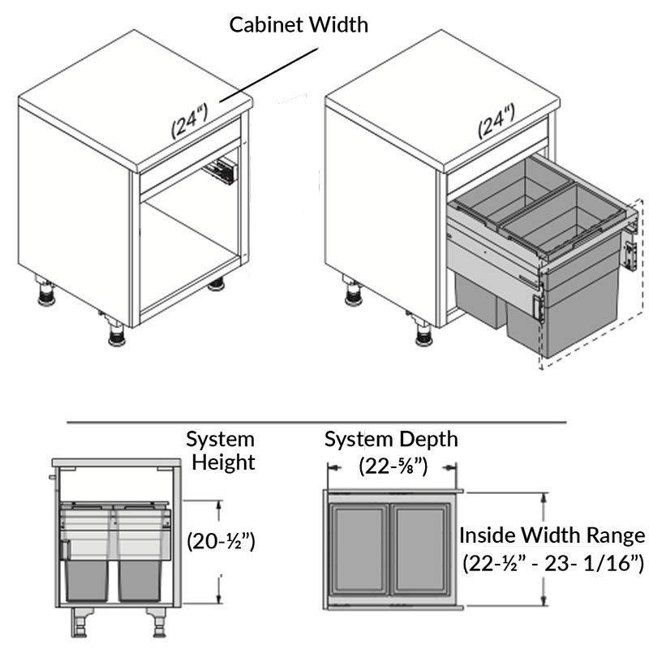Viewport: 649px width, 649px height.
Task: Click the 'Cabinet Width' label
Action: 299,24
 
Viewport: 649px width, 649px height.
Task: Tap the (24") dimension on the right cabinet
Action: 496,121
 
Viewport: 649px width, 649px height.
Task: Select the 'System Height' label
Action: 220,451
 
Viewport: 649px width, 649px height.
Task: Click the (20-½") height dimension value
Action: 221,540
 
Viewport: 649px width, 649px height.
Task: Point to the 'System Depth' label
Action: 391,440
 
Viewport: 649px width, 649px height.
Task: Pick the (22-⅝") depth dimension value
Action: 393,466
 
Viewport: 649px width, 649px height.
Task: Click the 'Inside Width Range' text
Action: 552,535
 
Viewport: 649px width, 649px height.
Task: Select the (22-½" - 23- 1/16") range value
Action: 552,564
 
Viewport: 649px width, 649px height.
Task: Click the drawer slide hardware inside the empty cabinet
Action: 221,171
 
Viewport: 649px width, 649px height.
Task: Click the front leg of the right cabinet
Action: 422,331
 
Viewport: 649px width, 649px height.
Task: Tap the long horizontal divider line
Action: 316,422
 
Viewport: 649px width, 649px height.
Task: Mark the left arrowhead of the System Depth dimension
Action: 329,467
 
